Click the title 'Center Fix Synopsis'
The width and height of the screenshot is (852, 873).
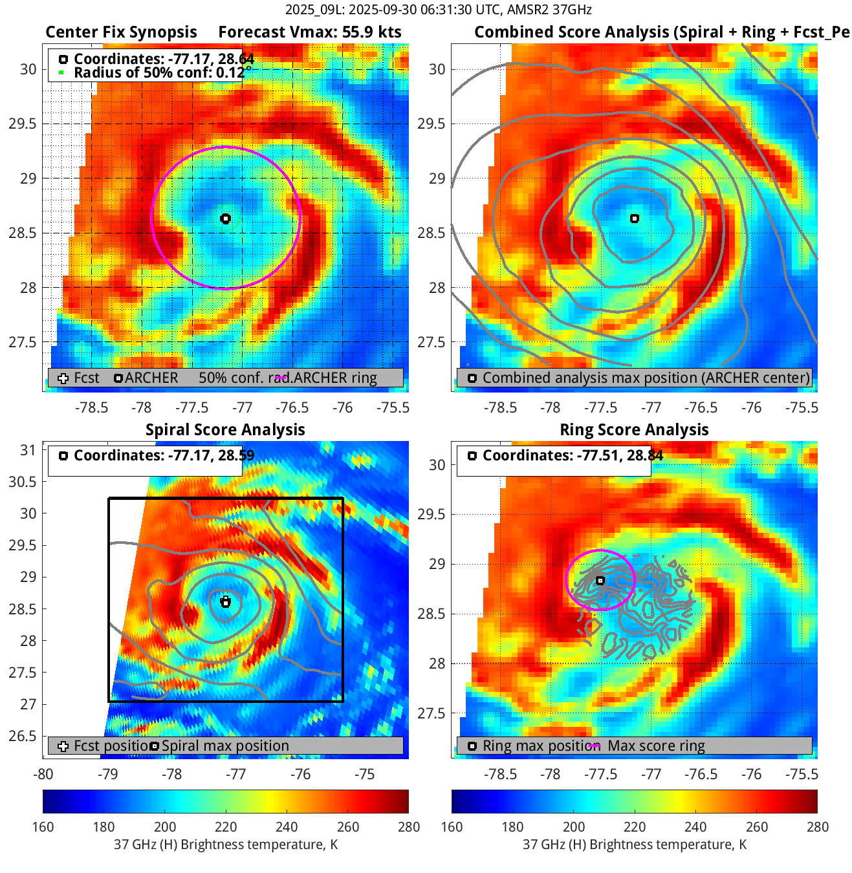pyautogui.click(x=121, y=32)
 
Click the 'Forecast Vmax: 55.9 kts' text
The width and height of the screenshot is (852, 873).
pyautogui.click(x=309, y=32)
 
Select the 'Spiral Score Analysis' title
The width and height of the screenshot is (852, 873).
pyautogui.click(x=225, y=430)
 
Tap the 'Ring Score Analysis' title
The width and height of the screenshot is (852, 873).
pyautogui.click(x=634, y=430)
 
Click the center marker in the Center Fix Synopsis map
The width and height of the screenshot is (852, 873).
pyautogui.click(x=225, y=219)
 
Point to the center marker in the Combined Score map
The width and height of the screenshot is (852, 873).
pyautogui.click(x=635, y=219)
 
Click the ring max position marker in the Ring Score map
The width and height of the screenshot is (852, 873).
pyautogui.click(x=600, y=581)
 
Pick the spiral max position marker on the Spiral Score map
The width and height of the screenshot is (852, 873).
pyautogui.click(x=226, y=603)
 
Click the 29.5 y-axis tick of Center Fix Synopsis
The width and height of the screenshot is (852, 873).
pyautogui.click(x=23, y=124)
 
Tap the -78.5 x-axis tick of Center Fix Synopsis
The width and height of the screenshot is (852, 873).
pyautogui.click(x=91, y=407)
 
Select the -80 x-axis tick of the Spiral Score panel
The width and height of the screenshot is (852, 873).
pyautogui.click(x=43, y=774)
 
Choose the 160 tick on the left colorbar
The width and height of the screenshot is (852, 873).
pyautogui.click(x=43, y=827)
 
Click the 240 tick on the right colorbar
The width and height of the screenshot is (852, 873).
pyautogui.click(x=696, y=827)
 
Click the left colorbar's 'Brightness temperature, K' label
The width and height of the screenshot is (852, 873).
pyautogui.click(x=226, y=845)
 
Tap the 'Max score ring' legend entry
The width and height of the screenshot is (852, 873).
pyautogui.click(x=656, y=746)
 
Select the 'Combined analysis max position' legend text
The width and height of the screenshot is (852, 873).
pyautogui.click(x=646, y=378)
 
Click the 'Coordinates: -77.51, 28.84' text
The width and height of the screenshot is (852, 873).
pyautogui.click(x=573, y=455)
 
